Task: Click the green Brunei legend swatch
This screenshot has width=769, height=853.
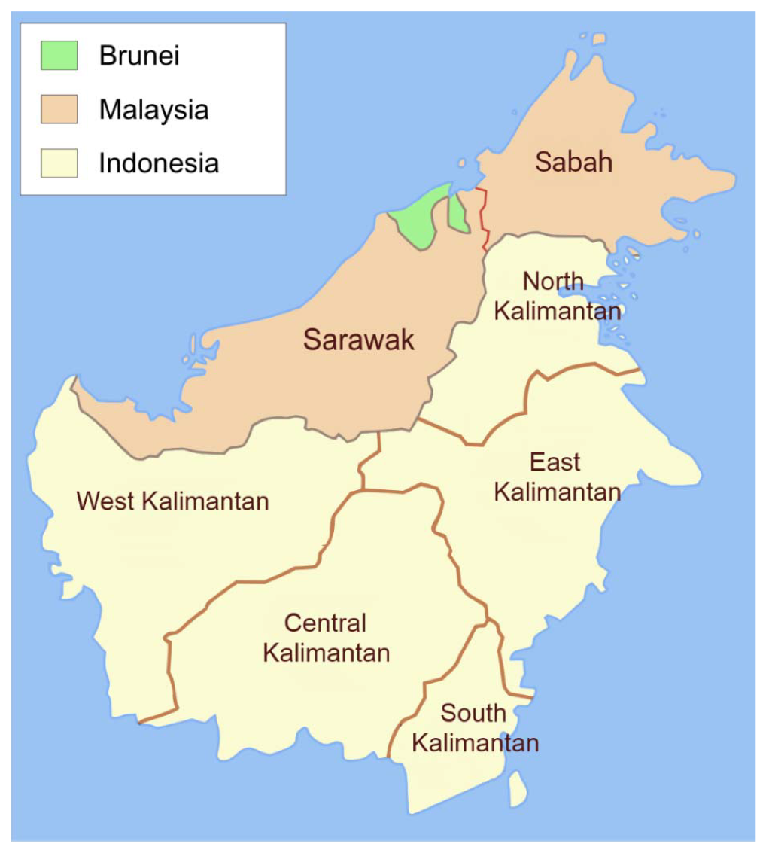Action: tap(59, 56)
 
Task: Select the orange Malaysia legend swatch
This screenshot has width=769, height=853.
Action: tap(59, 109)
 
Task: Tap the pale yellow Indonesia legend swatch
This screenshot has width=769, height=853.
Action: tap(59, 163)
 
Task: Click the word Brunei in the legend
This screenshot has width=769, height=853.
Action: tap(139, 56)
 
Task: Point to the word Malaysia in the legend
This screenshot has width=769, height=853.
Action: tap(153, 110)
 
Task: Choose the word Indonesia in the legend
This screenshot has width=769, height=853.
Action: tap(159, 163)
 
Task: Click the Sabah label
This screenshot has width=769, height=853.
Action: tap(573, 162)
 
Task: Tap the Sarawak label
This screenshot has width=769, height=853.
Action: tap(359, 340)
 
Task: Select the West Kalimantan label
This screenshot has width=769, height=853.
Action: tap(173, 501)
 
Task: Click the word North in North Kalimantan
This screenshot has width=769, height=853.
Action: tap(553, 282)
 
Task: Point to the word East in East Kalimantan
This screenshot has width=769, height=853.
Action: tap(555, 462)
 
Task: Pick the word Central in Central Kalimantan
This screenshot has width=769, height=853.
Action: tap(325, 623)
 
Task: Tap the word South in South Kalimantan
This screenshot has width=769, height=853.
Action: tap(473, 713)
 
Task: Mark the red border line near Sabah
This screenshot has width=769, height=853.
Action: tap(485, 218)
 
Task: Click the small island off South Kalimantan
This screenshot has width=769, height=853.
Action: tap(517, 788)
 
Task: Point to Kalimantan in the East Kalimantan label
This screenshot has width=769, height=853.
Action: tap(557, 492)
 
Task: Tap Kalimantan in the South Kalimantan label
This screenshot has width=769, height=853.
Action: tap(476, 743)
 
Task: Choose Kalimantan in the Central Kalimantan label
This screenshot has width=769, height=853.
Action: tap(327, 653)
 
